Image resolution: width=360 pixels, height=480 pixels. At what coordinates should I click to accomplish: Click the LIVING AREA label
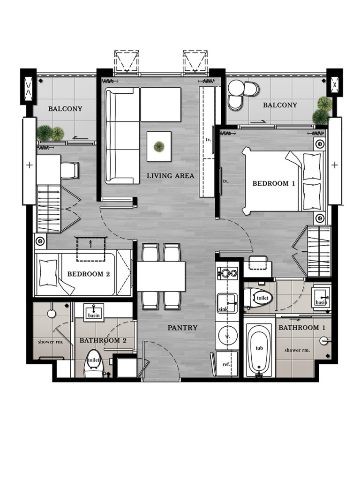tap(170, 176)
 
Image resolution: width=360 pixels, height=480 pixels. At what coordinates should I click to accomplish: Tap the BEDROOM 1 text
tap(274, 183)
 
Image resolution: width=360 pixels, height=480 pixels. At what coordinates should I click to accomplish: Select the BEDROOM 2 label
tap(88, 274)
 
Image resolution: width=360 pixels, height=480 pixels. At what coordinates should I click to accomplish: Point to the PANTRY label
tap(182, 328)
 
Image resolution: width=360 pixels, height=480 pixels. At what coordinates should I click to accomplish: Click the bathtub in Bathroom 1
tap(259, 349)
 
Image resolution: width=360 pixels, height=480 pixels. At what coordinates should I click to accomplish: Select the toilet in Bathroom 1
tap(258, 297)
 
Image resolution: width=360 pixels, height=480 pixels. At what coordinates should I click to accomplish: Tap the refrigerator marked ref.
tap(226, 364)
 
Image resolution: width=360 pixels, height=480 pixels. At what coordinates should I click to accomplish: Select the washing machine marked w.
tap(227, 336)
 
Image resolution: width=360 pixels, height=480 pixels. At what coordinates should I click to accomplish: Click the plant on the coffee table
tap(159, 146)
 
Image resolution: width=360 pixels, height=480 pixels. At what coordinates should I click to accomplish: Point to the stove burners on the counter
tap(227, 273)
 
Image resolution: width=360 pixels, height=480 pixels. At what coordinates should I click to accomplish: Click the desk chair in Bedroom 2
tap(69, 170)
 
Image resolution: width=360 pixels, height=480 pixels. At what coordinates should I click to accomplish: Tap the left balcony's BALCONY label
tap(65, 109)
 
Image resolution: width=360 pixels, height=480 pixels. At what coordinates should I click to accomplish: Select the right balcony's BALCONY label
tap(280, 105)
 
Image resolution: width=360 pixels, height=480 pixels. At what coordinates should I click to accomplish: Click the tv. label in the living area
tap(209, 140)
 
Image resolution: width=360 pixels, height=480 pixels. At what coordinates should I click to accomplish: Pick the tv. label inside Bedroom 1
tap(225, 181)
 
